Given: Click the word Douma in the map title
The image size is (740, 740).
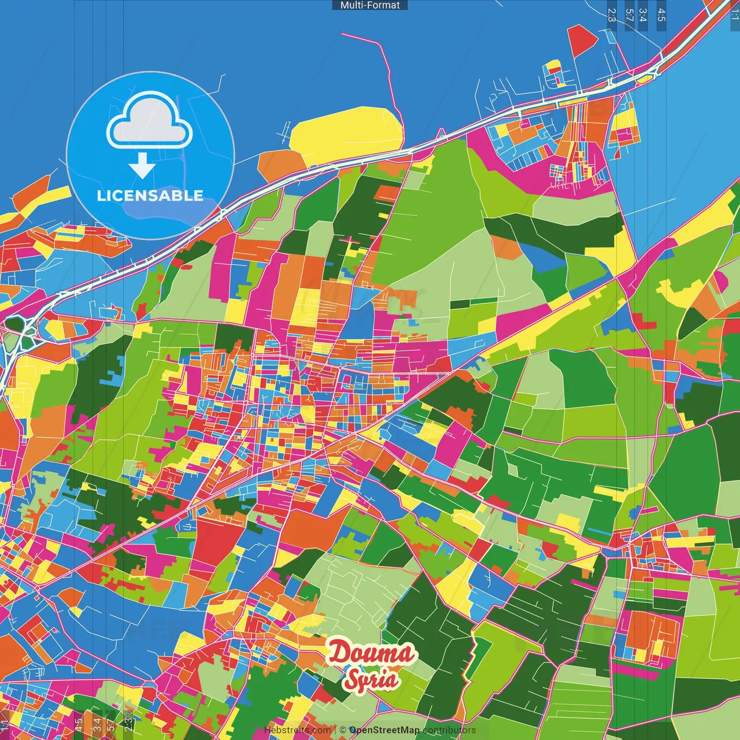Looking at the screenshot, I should tap(372, 653).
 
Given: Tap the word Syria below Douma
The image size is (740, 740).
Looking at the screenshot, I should tap(372, 678).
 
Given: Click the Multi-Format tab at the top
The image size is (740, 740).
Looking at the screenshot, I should tap(370, 5).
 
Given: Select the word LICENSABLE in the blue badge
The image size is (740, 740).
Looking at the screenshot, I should tap(150, 195).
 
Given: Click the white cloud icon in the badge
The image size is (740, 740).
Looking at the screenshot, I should tap(150, 122).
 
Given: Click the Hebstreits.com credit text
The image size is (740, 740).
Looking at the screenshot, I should tap(297, 730).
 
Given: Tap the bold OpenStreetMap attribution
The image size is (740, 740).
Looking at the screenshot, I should tap(384, 730).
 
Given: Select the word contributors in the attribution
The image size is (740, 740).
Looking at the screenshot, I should tap(449, 730).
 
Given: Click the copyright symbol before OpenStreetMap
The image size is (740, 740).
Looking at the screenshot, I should tap(342, 730).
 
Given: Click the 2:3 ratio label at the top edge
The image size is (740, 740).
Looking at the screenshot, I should tap(612, 15).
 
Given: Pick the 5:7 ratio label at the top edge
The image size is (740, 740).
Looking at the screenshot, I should tap(630, 15).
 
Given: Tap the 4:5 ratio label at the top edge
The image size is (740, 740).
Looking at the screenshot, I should tap(661, 15).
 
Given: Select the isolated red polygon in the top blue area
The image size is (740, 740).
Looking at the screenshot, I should tap(582, 40).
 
